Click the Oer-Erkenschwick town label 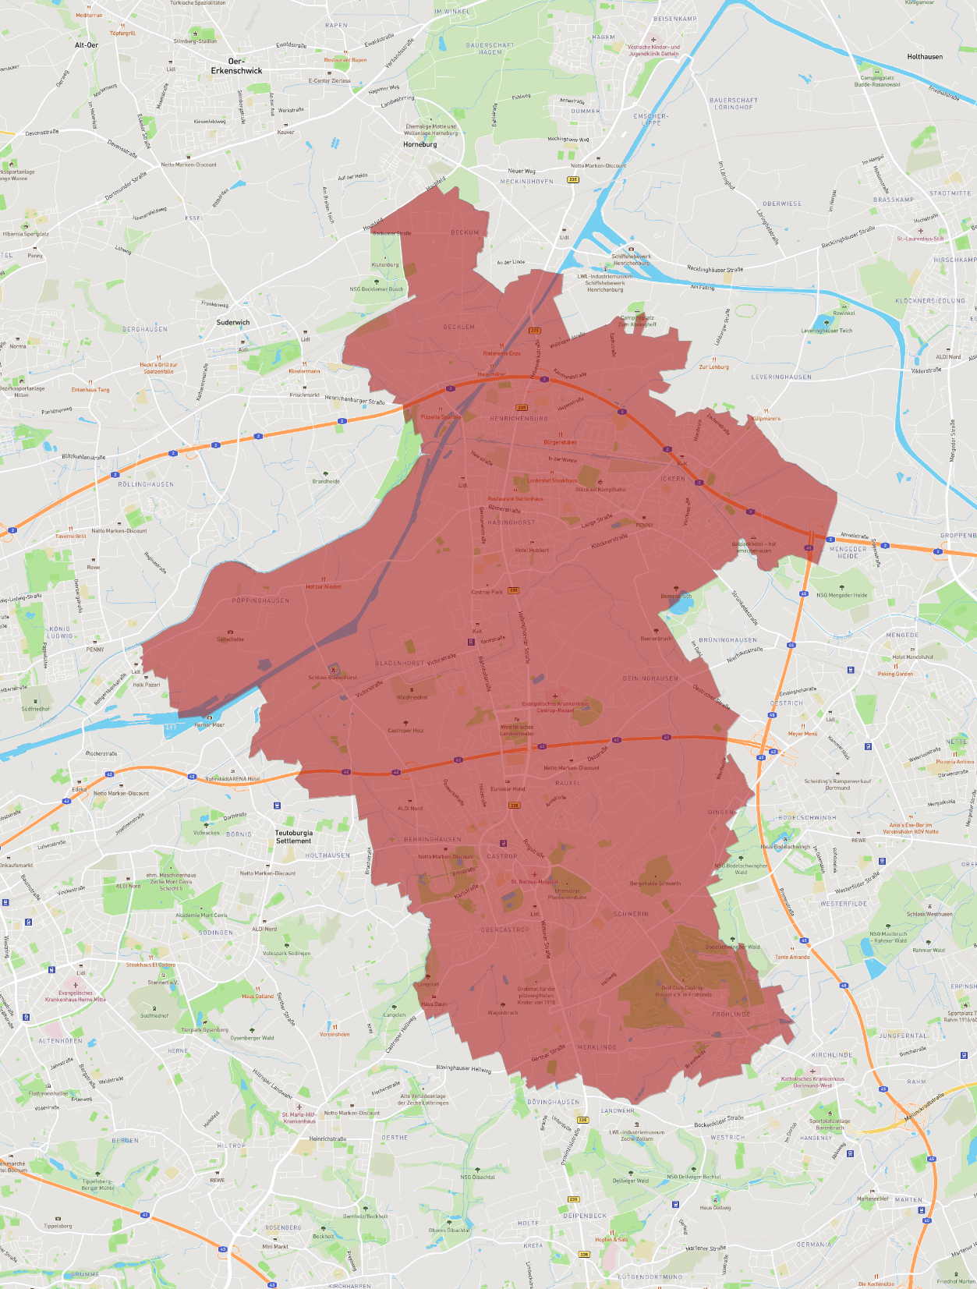[x=236, y=66]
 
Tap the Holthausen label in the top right [x=925, y=57]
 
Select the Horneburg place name [x=419, y=144]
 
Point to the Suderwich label [x=233, y=322]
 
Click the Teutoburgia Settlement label [x=293, y=837]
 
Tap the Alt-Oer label [x=87, y=45]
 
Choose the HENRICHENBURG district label [x=519, y=419]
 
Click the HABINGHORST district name [x=512, y=522]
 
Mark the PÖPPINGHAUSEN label [x=260, y=600]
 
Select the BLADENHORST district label [x=399, y=663]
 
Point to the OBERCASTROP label [x=504, y=930]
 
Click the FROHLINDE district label [x=731, y=1015]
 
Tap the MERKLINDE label [x=596, y=1047]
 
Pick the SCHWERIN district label [x=631, y=914]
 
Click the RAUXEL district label [x=568, y=783]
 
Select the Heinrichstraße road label [x=327, y=1138]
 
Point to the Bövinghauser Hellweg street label [x=463, y=1068]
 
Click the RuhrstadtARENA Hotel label [x=232, y=778]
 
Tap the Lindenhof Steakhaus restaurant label [x=553, y=480]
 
